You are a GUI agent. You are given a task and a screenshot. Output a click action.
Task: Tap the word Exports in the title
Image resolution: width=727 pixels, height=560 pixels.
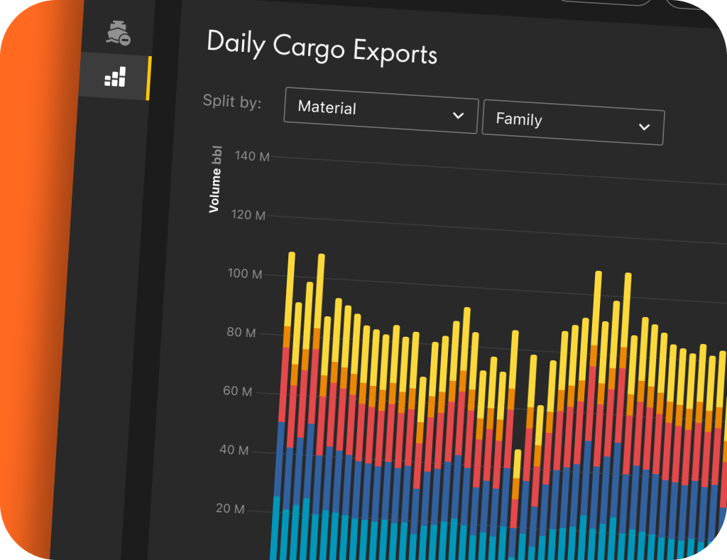pyautogui.click(x=395, y=53)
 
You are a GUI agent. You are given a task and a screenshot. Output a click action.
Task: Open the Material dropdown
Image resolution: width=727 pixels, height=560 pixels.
pyautogui.click(x=380, y=110)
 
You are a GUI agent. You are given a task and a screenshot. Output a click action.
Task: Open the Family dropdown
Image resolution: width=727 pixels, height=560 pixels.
pyautogui.click(x=572, y=122)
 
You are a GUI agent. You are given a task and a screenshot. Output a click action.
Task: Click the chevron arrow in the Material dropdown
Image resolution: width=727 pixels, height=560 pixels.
pyautogui.click(x=459, y=115)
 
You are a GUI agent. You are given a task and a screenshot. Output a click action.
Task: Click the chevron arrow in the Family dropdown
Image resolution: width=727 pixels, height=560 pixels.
pyautogui.click(x=644, y=127)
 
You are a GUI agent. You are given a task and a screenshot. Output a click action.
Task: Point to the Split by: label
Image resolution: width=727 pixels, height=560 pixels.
pyautogui.click(x=232, y=101)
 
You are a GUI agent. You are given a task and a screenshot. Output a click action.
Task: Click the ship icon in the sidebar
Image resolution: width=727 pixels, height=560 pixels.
pyautogui.click(x=118, y=33)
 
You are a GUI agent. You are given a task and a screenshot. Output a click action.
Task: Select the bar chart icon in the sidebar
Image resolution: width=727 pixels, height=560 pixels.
pyautogui.click(x=115, y=77)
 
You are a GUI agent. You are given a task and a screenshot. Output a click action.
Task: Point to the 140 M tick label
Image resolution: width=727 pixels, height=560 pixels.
pyautogui.click(x=251, y=156)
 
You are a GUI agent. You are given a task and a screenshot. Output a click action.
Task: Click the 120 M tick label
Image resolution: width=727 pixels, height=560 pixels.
pyautogui.click(x=248, y=215)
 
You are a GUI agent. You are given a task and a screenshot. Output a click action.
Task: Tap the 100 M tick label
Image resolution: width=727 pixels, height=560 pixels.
pyautogui.click(x=245, y=274)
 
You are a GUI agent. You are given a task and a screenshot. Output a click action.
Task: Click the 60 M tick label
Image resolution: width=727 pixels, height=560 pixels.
pyautogui.click(x=237, y=392)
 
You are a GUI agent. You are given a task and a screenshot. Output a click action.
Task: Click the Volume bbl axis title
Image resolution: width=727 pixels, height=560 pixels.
pyautogui.click(x=215, y=180)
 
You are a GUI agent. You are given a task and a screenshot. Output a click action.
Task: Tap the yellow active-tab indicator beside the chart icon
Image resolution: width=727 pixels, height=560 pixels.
pyautogui.click(x=148, y=78)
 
